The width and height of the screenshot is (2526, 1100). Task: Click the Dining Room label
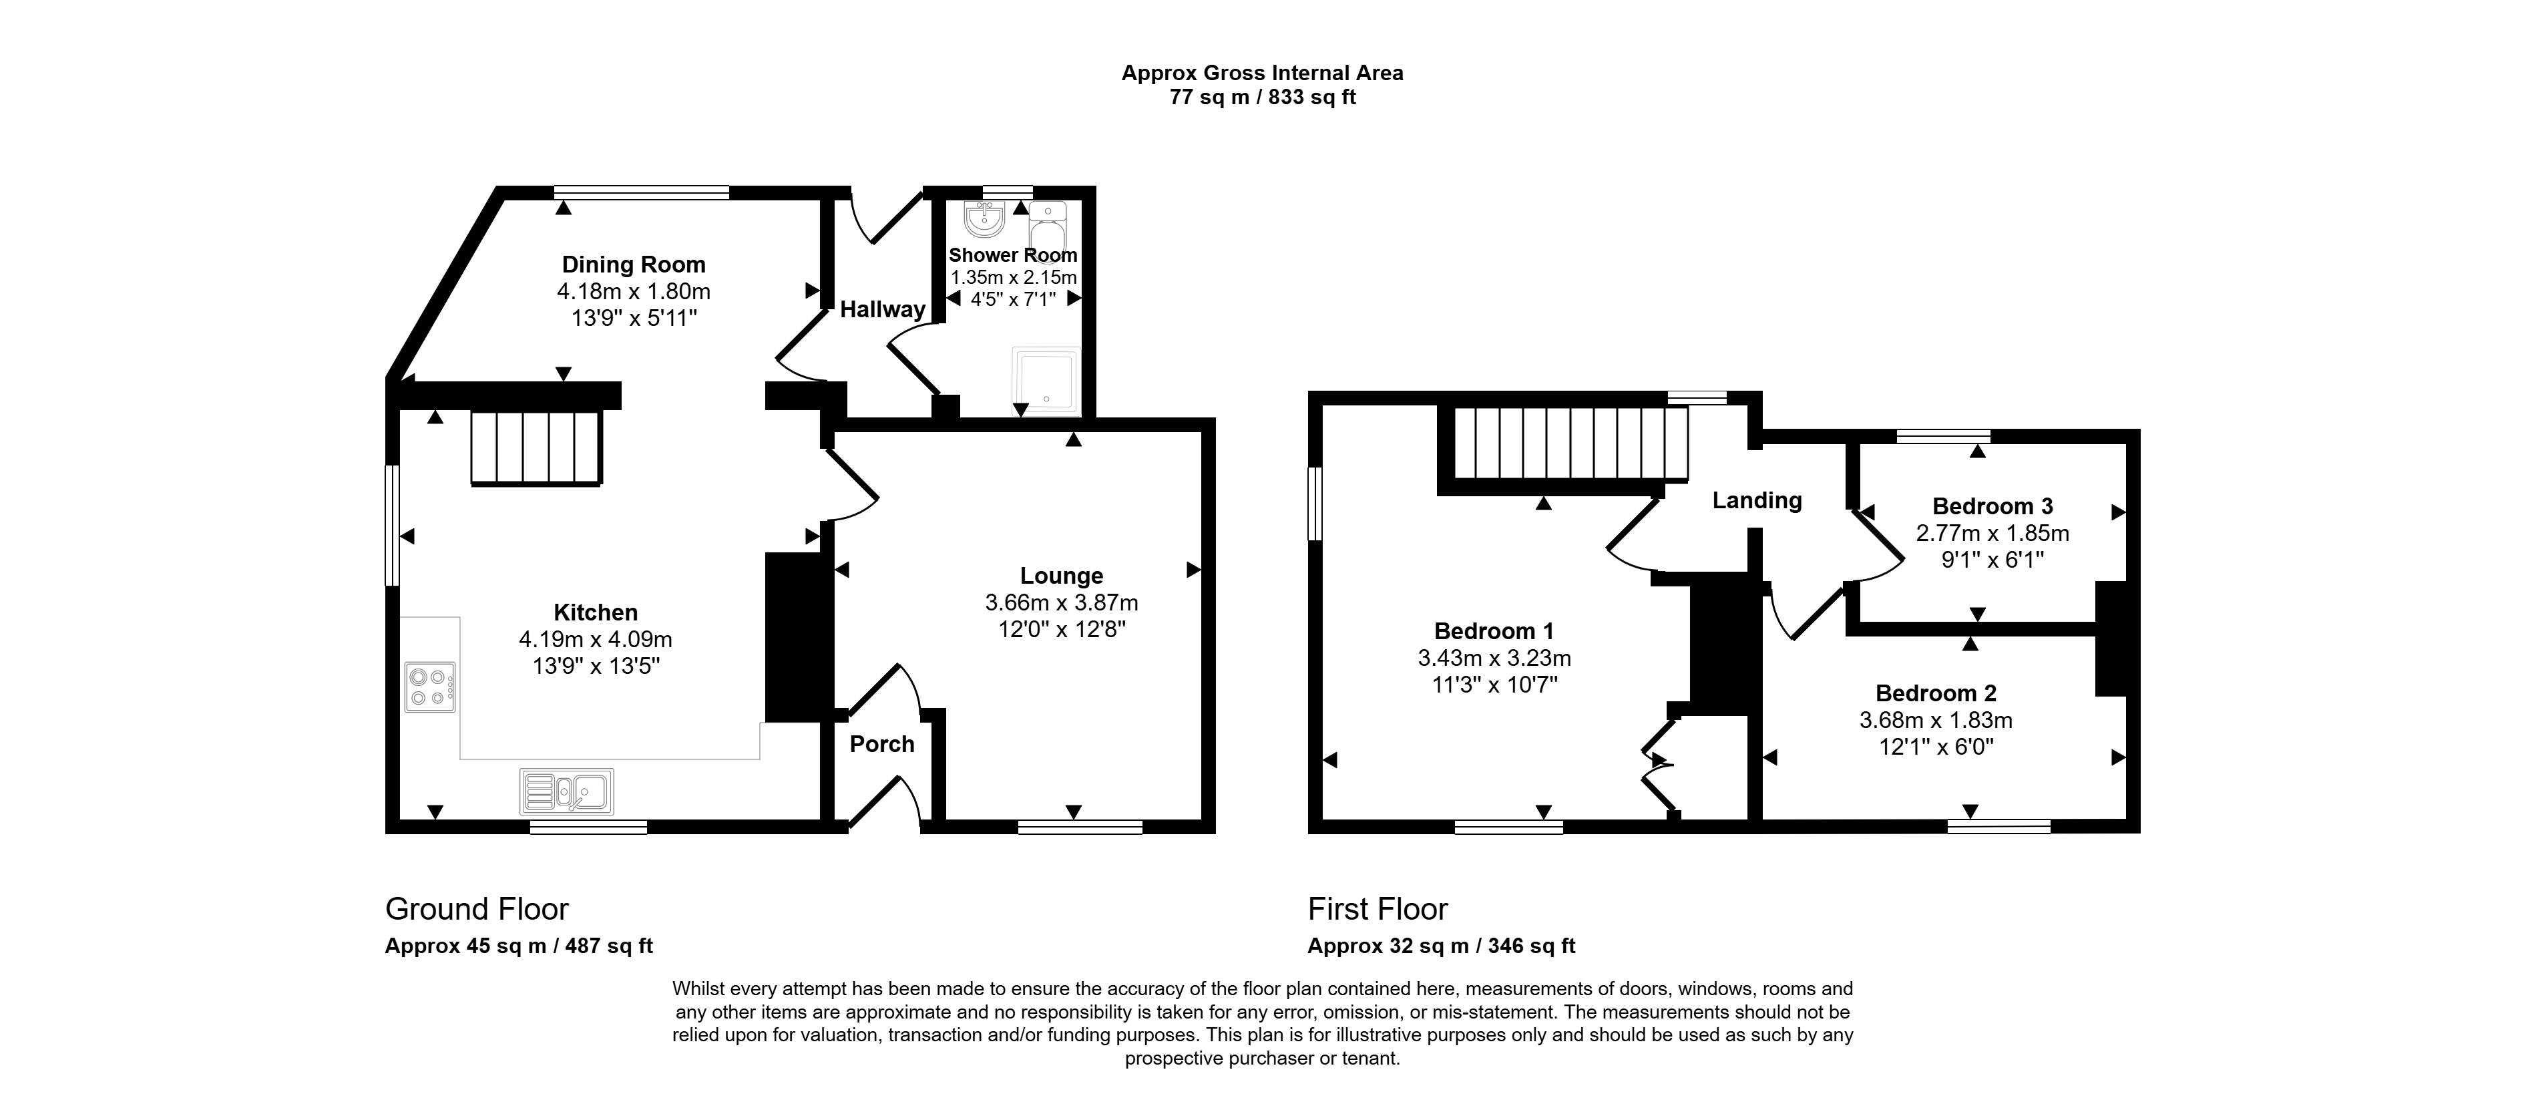pos(634,264)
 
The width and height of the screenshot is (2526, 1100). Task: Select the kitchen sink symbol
pos(567,792)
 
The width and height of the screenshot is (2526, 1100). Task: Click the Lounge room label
pos(1061,576)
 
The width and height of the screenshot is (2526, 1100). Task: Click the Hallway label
pos(883,310)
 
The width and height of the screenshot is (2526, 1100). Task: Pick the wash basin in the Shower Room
pos(984,220)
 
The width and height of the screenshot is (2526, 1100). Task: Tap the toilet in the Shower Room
pos(1047,226)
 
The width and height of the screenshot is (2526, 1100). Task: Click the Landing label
pos(1757,501)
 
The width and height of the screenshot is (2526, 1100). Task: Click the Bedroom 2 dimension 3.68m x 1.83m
pos(1936,721)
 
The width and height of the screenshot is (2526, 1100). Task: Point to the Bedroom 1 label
pos(1494,631)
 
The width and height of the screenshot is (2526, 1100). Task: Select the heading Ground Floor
pos(477,909)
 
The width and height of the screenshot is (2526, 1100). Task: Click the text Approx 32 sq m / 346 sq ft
pos(1442,946)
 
